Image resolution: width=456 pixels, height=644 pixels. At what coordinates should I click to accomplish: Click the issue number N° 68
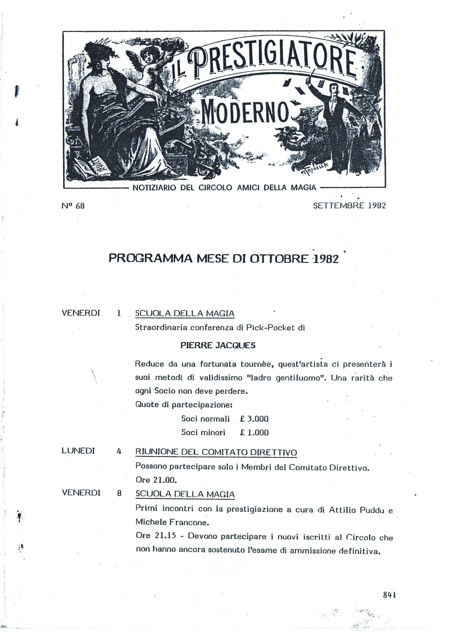pyautogui.click(x=73, y=206)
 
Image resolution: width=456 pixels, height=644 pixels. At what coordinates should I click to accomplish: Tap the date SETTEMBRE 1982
pyautogui.click(x=349, y=206)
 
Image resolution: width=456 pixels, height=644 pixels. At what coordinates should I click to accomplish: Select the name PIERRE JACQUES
pyautogui.click(x=218, y=346)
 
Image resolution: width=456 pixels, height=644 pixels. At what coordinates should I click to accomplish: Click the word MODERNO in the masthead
pyautogui.click(x=245, y=112)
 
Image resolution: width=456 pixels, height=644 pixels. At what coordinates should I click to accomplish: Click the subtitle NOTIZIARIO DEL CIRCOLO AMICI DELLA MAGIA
pyautogui.click(x=224, y=188)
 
